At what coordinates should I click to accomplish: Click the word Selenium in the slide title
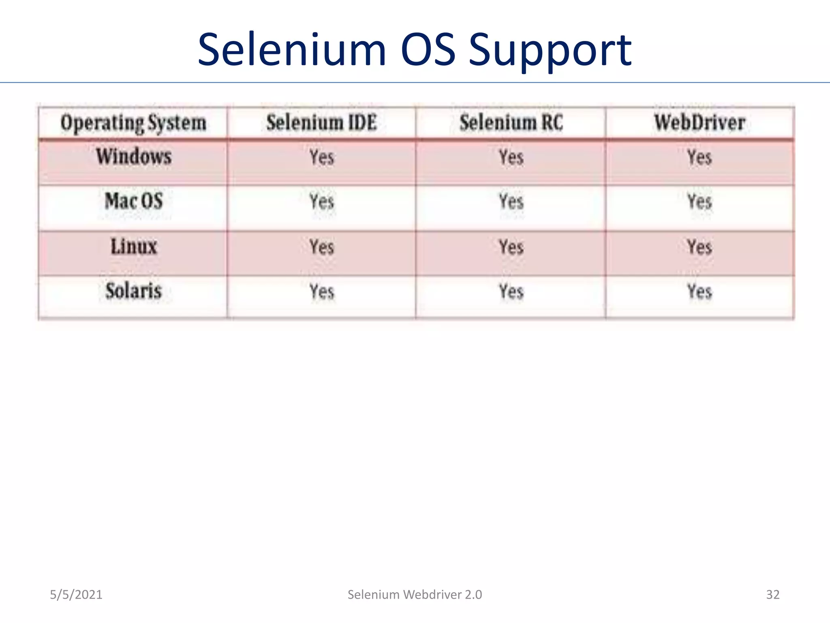click(292, 50)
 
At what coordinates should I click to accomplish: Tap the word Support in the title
click(550, 51)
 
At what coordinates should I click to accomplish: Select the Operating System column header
click(133, 123)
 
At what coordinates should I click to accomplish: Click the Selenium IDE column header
click(321, 122)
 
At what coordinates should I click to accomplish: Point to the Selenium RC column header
click(511, 122)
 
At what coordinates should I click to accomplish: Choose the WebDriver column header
click(700, 122)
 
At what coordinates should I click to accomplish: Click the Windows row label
click(134, 157)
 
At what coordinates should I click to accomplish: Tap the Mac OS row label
click(134, 201)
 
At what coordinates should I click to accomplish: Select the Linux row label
click(134, 247)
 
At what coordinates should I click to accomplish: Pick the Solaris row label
click(134, 291)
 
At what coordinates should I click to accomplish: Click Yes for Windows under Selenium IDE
click(322, 157)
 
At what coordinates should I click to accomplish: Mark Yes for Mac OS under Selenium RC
click(511, 202)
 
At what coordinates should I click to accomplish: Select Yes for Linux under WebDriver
click(700, 247)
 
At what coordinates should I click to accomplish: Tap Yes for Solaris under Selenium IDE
click(322, 292)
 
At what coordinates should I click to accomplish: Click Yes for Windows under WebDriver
click(700, 157)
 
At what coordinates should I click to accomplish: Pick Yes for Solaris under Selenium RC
click(511, 292)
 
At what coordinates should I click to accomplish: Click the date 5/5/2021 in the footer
click(76, 595)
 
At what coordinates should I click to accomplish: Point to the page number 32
click(772, 595)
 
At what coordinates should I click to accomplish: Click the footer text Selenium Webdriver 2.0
click(415, 595)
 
